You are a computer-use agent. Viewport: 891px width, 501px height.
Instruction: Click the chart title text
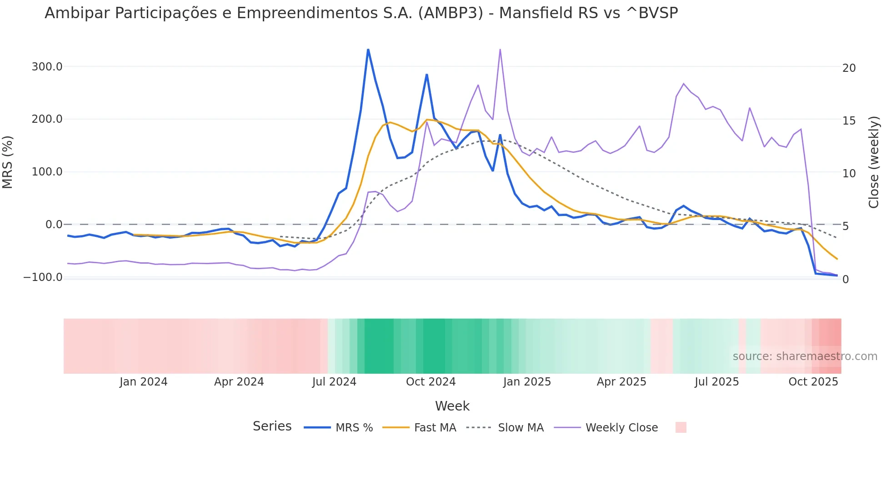[x=361, y=13]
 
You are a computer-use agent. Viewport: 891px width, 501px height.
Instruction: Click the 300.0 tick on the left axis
[x=47, y=67]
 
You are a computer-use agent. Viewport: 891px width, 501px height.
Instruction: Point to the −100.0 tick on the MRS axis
[x=43, y=277]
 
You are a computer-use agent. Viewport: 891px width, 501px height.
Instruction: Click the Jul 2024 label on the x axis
[x=334, y=382]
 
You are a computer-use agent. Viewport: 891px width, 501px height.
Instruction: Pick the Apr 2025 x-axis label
[x=621, y=382]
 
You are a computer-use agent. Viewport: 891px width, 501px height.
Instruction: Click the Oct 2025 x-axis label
[x=813, y=382]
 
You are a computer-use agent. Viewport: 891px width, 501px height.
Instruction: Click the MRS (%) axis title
[x=8, y=162]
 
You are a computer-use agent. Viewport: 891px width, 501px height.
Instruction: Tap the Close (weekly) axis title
[x=873, y=162]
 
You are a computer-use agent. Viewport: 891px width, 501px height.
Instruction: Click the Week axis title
[x=452, y=406]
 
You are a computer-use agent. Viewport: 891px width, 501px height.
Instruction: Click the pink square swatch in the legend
[x=681, y=427]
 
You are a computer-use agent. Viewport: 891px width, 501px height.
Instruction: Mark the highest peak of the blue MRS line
[x=368, y=50]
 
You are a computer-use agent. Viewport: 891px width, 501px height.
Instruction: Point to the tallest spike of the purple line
[x=500, y=50]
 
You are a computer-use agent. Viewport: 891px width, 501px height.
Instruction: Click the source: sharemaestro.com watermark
[x=805, y=356]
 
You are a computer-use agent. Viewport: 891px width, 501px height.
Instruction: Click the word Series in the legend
[x=272, y=426]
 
